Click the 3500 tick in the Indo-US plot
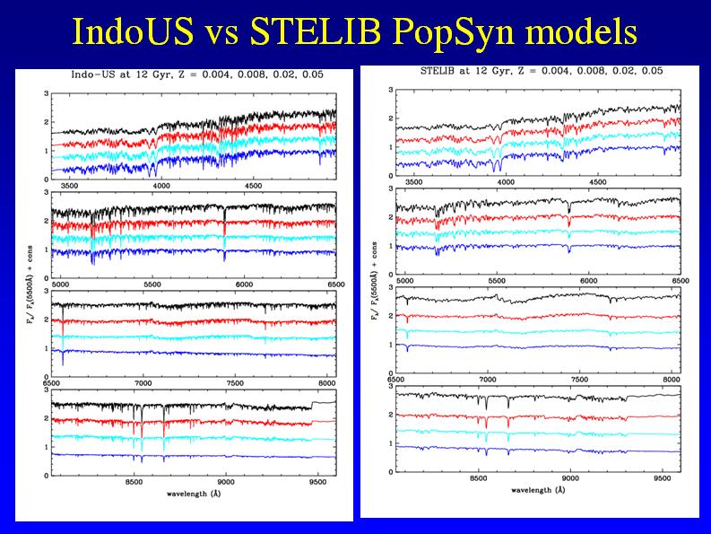click(70, 186)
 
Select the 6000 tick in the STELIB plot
click(589, 280)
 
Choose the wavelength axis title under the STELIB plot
click(538, 490)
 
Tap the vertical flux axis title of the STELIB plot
click(372, 279)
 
